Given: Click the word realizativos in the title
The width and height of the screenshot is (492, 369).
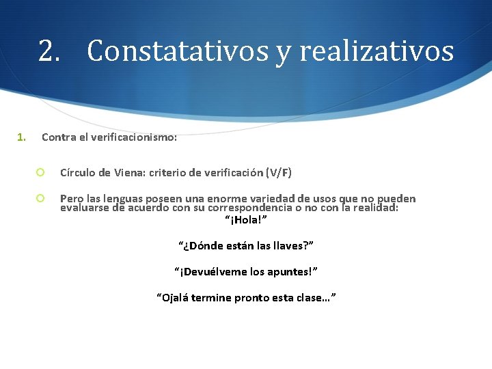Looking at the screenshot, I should [x=376, y=51].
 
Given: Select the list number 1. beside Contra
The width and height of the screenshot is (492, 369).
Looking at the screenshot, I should [x=22, y=137].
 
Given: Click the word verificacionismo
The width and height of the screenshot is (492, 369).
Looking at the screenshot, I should [x=137, y=137].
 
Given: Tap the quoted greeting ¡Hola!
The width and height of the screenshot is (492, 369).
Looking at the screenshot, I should [x=246, y=220].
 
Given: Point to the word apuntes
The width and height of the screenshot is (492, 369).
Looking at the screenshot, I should [x=290, y=271].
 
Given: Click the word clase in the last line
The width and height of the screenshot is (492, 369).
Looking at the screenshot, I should [x=314, y=297].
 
